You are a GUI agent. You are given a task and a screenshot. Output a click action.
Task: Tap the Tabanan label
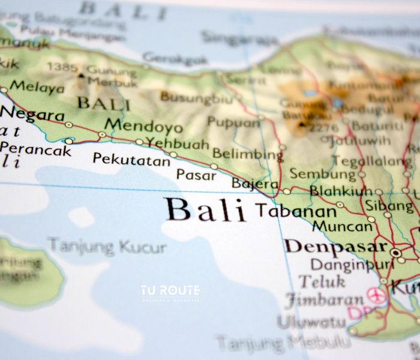[x=296, y=211]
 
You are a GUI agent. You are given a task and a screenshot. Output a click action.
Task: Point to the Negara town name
[x=32, y=115]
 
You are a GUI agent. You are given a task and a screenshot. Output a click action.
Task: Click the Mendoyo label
[x=143, y=127]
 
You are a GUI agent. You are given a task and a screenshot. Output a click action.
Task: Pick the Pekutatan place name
[x=131, y=159]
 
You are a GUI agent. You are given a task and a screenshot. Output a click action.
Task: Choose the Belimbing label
[x=247, y=154]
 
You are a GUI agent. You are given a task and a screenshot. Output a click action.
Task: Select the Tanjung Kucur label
[x=107, y=246]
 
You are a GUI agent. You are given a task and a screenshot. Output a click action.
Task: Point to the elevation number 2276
[x=324, y=128]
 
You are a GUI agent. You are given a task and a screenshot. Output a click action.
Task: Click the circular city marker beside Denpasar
[x=395, y=253]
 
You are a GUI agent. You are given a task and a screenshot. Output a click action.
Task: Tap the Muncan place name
[x=342, y=227]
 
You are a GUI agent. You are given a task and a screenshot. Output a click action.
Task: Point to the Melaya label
[x=37, y=88]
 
